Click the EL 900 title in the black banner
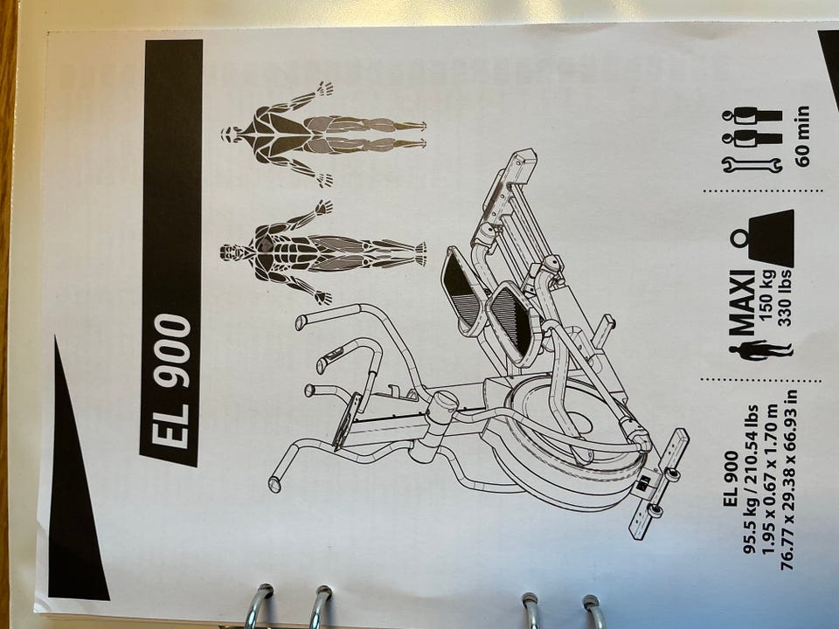170,381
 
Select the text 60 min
802,136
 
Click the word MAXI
742,303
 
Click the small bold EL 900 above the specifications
731,479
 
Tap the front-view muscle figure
321,252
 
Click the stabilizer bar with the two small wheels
658,484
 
